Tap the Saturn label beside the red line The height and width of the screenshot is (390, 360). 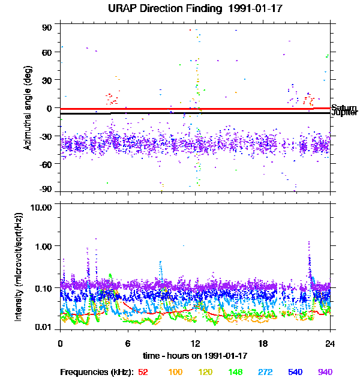tap(344, 107)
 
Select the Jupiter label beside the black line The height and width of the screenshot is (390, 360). tap(344, 113)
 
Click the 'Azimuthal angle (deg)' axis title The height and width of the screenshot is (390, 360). tap(28, 109)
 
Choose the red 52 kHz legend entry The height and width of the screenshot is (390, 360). tap(143, 373)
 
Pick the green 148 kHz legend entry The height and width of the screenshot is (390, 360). tap(235, 373)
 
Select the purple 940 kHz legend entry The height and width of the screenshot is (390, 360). tap(325, 373)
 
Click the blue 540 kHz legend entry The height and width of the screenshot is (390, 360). tap(295, 373)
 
